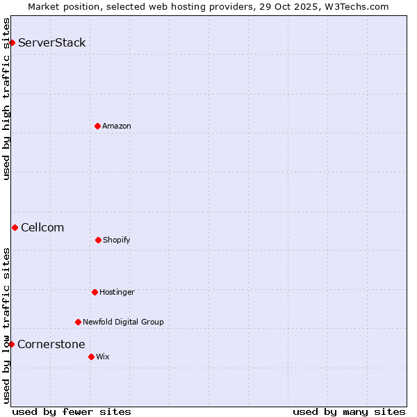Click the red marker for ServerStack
(x=12, y=43)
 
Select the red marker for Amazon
(x=97, y=126)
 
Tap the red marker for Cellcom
(x=15, y=227)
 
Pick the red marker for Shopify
(x=98, y=240)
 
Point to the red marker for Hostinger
(x=95, y=292)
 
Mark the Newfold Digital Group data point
(x=78, y=322)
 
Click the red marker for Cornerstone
(x=11, y=344)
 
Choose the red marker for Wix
(x=91, y=357)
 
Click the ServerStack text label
(x=52, y=43)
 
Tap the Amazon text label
(x=117, y=126)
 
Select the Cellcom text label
(x=42, y=228)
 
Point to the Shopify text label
(x=117, y=240)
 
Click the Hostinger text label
(x=117, y=292)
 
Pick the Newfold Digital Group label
(x=123, y=322)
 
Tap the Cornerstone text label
(x=51, y=345)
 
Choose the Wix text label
(x=103, y=357)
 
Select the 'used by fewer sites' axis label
(x=72, y=411)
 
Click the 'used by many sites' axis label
(x=349, y=411)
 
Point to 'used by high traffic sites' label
(x=7, y=99)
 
